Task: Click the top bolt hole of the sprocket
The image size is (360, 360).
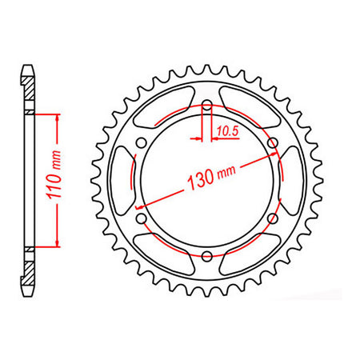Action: (207, 106)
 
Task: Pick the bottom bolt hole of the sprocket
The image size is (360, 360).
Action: (207, 255)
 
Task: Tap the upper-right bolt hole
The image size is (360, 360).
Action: (273, 143)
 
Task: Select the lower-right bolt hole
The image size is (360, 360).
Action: (273, 218)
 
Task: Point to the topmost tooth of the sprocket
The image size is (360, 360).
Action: (207, 66)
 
